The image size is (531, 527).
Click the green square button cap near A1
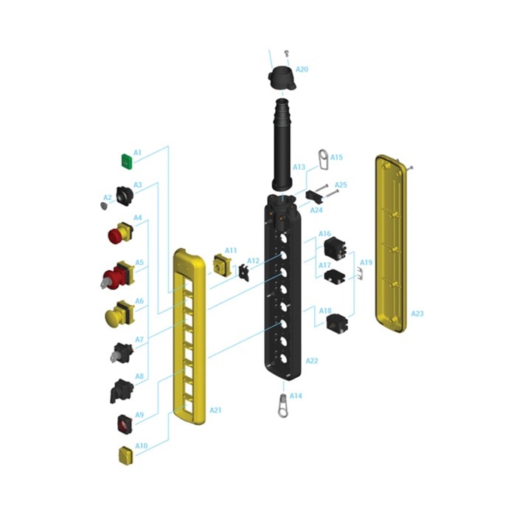pyautogui.click(x=127, y=162)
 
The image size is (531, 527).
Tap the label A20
pyautogui.click(x=302, y=69)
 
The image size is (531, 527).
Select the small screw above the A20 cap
pyautogui.click(x=287, y=52)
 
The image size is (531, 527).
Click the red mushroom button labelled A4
pyautogui.click(x=120, y=232)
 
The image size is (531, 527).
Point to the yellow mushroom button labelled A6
pyautogui.click(x=120, y=314)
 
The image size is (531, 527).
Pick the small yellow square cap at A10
pyautogui.click(x=125, y=455)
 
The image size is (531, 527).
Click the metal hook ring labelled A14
pyautogui.click(x=282, y=406)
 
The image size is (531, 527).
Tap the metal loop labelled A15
pyautogui.click(x=324, y=160)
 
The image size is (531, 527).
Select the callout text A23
pyautogui.click(x=417, y=314)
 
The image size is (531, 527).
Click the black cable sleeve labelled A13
pyautogui.click(x=282, y=144)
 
